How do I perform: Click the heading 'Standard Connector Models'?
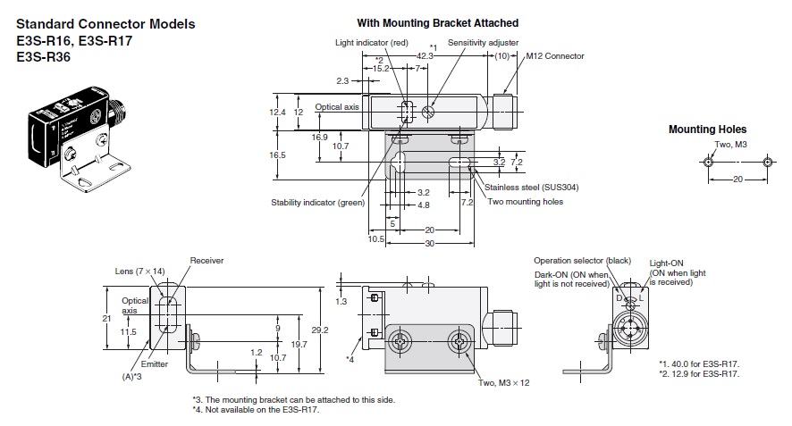(105, 24)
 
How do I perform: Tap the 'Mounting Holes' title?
(707, 129)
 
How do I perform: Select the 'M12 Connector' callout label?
(554, 56)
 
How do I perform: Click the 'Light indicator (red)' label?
(372, 43)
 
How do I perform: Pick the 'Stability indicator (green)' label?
(318, 202)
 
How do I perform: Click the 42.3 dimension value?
(425, 55)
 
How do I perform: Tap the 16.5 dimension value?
(278, 155)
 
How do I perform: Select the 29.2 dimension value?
(329, 330)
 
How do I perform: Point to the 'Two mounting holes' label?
(526, 201)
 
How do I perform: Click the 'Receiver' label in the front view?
(206, 260)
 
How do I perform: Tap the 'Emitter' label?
(154, 364)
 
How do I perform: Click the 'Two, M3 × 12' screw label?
(503, 382)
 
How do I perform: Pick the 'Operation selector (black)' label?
(582, 260)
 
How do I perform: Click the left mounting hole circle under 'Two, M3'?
(709, 163)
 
